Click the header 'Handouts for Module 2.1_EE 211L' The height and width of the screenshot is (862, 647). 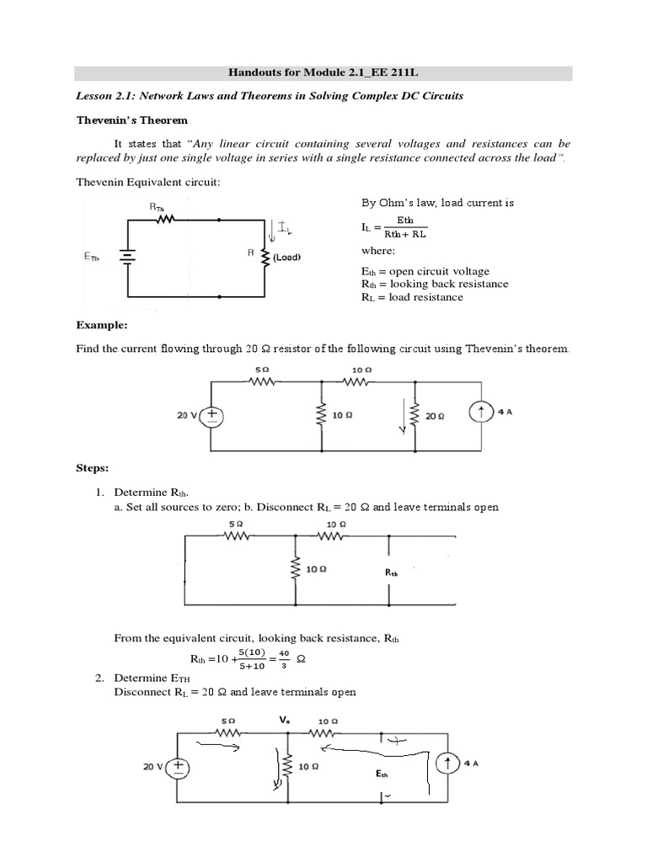pyautogui.click(x=323, y=73)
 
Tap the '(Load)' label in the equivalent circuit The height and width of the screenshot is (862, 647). pyautogui.click(x=287, y=258)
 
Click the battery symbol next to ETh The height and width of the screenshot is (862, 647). pyautogui.click(x=128, y=258)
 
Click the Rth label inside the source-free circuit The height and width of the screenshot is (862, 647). pyautogui.click(x=392, y=572)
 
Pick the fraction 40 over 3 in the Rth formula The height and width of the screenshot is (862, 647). pyautogui.click(x=284, y=659)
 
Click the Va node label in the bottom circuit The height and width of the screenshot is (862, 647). pyautogui.click(x=285, y=721)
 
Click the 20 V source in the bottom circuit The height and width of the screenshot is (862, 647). pyautogui.click(x=179, y=767)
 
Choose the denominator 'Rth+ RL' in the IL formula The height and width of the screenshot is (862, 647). pyautogui.click(x=405, y=235)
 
